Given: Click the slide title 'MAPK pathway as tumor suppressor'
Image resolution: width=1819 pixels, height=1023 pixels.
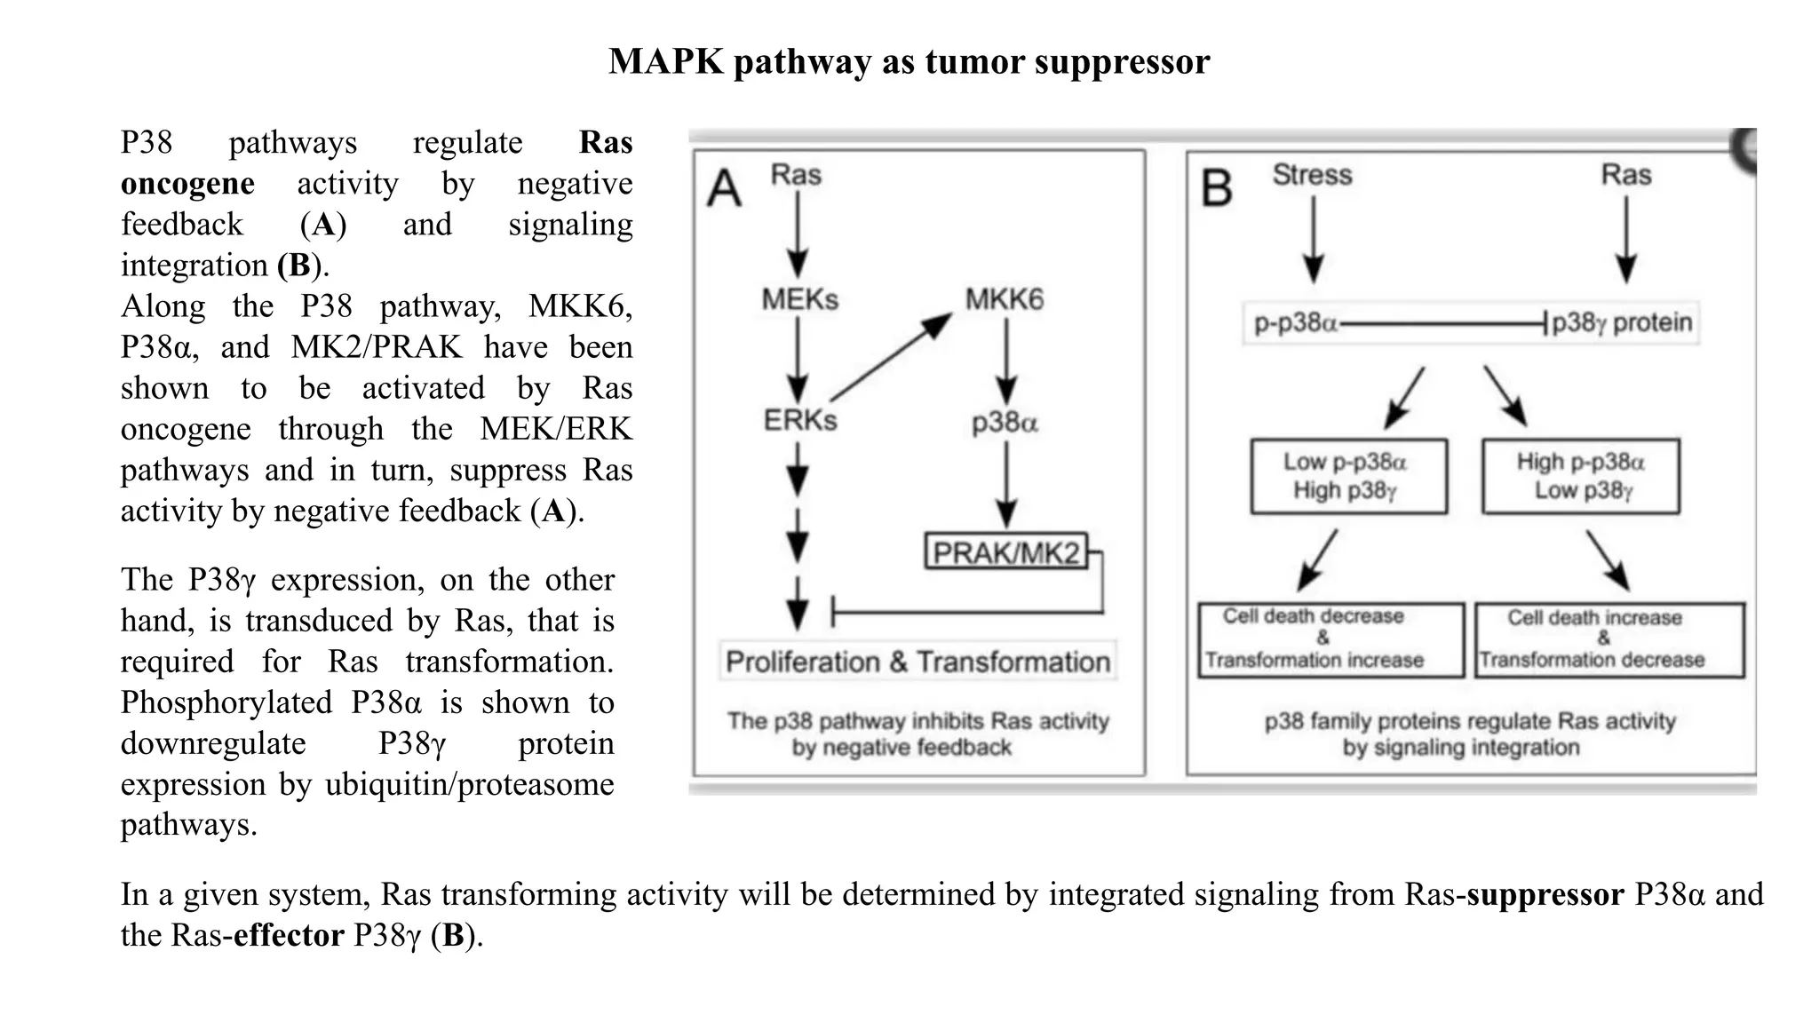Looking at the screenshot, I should [x=909, y=62].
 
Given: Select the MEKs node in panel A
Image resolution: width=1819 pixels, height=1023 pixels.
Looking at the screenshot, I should [x=799, y=299].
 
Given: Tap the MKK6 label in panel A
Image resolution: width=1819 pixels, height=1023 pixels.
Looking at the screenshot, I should [x=1005, y=299].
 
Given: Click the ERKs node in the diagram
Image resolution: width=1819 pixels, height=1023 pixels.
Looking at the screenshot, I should [x=799, y=420].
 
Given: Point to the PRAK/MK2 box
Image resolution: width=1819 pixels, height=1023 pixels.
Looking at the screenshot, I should [x=1005, y=552].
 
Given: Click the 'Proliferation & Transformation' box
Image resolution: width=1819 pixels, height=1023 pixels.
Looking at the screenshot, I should [x=917, y=662].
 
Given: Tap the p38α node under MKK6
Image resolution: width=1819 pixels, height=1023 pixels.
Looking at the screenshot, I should [x=1005, y=423].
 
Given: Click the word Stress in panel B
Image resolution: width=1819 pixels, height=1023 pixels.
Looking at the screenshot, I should [x=1312, y=175].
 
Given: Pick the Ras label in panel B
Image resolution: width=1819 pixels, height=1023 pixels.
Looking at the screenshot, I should [x=1625, y=175].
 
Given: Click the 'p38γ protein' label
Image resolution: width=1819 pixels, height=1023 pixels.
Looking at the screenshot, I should [x=1621, y=322].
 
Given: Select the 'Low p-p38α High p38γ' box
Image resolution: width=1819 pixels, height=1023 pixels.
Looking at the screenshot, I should [x=1348, y=476].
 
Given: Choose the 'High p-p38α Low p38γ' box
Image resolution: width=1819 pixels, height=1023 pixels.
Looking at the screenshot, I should [x=1580, y=476].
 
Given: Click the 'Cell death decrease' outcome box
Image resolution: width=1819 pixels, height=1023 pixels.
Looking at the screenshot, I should [x=1330, y=639].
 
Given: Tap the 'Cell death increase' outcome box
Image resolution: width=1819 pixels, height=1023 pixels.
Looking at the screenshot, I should [x=1609, y=639].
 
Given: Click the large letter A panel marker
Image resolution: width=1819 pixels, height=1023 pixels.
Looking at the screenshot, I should [x=724, y=189].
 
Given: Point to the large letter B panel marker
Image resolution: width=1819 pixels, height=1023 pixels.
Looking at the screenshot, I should [x=1217, y=189].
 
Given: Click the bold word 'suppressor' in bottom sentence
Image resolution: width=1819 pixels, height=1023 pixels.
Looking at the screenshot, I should [x=1545, y=894].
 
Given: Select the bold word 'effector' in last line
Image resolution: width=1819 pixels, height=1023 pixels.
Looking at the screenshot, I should [x=289, y=935].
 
